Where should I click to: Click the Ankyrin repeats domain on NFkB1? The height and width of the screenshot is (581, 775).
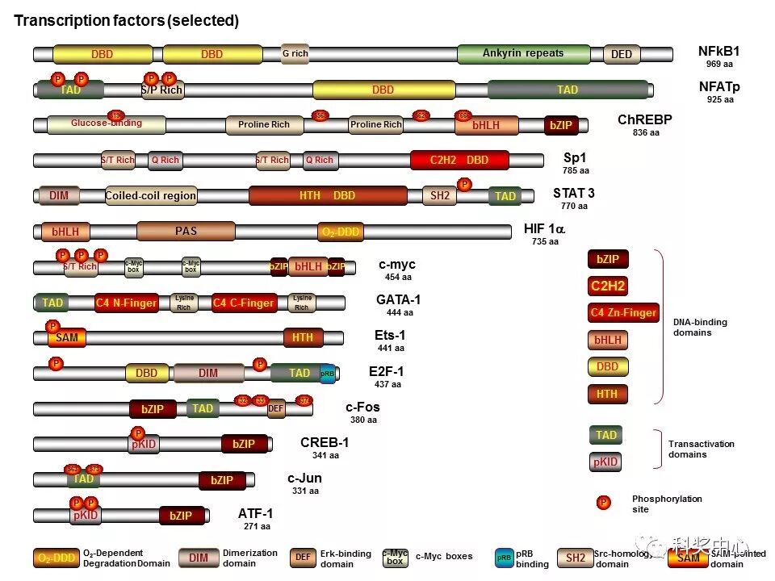click(x=523, y=54)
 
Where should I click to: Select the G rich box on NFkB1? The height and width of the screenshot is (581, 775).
click(x=295, y=54)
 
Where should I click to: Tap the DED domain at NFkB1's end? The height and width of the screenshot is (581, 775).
click(x=622, y=54)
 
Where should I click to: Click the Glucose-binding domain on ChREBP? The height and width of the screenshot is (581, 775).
click(x=106, y=124)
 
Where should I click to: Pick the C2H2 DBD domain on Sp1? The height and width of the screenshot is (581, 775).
click(x=459, y=160)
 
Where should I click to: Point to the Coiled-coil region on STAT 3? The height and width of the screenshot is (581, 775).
click(x=151, y=195)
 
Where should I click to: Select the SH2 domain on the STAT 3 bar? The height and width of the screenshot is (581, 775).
click(x=440, y=195)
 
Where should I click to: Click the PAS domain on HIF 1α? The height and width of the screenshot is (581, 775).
click(x=186, y=232)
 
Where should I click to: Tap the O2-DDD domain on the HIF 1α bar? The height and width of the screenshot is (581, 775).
click(x=340, y=232)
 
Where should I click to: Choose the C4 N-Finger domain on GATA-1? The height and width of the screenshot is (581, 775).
click(x=126, y=303)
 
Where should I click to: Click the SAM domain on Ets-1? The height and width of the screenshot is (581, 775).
click(x=67, y=338)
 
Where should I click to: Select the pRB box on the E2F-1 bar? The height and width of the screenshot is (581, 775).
click(x=327, y=374)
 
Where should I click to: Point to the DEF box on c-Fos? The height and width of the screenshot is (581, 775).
click(x=276, y=409)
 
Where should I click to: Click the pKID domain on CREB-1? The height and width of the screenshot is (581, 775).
click(x=144, y=444)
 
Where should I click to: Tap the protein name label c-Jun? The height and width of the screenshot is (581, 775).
click(x=304, y=478)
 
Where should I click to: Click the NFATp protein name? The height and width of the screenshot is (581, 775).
click(x=718, y=86)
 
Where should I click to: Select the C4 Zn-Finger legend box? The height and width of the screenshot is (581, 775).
click(x=623, y=312)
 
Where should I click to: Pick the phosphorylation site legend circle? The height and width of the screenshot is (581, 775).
click(x=603, y=503)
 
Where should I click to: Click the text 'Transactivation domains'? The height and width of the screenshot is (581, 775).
click(x=701, y=449)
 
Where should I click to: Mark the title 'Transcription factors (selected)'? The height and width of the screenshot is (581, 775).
click(x=127, y=21)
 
